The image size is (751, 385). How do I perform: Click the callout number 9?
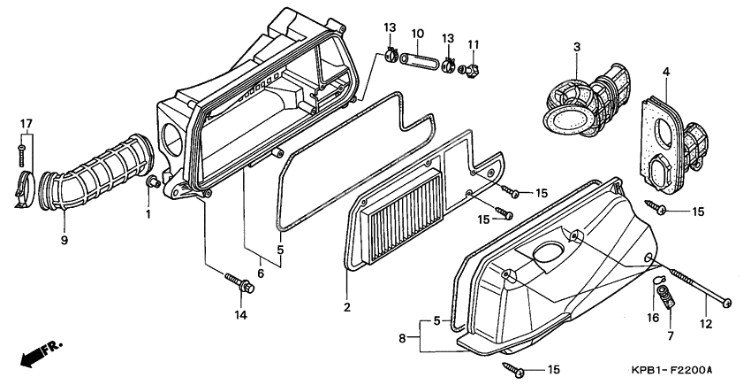point(64,239)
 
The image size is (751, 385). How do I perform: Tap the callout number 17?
point(26,123)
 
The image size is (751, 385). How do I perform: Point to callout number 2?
point(347,308)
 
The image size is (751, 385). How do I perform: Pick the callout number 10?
point(417,34)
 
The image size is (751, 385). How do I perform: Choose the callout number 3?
point(576,47)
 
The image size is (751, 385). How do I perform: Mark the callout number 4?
point(666,71)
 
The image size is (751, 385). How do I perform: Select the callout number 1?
point(148,213)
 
